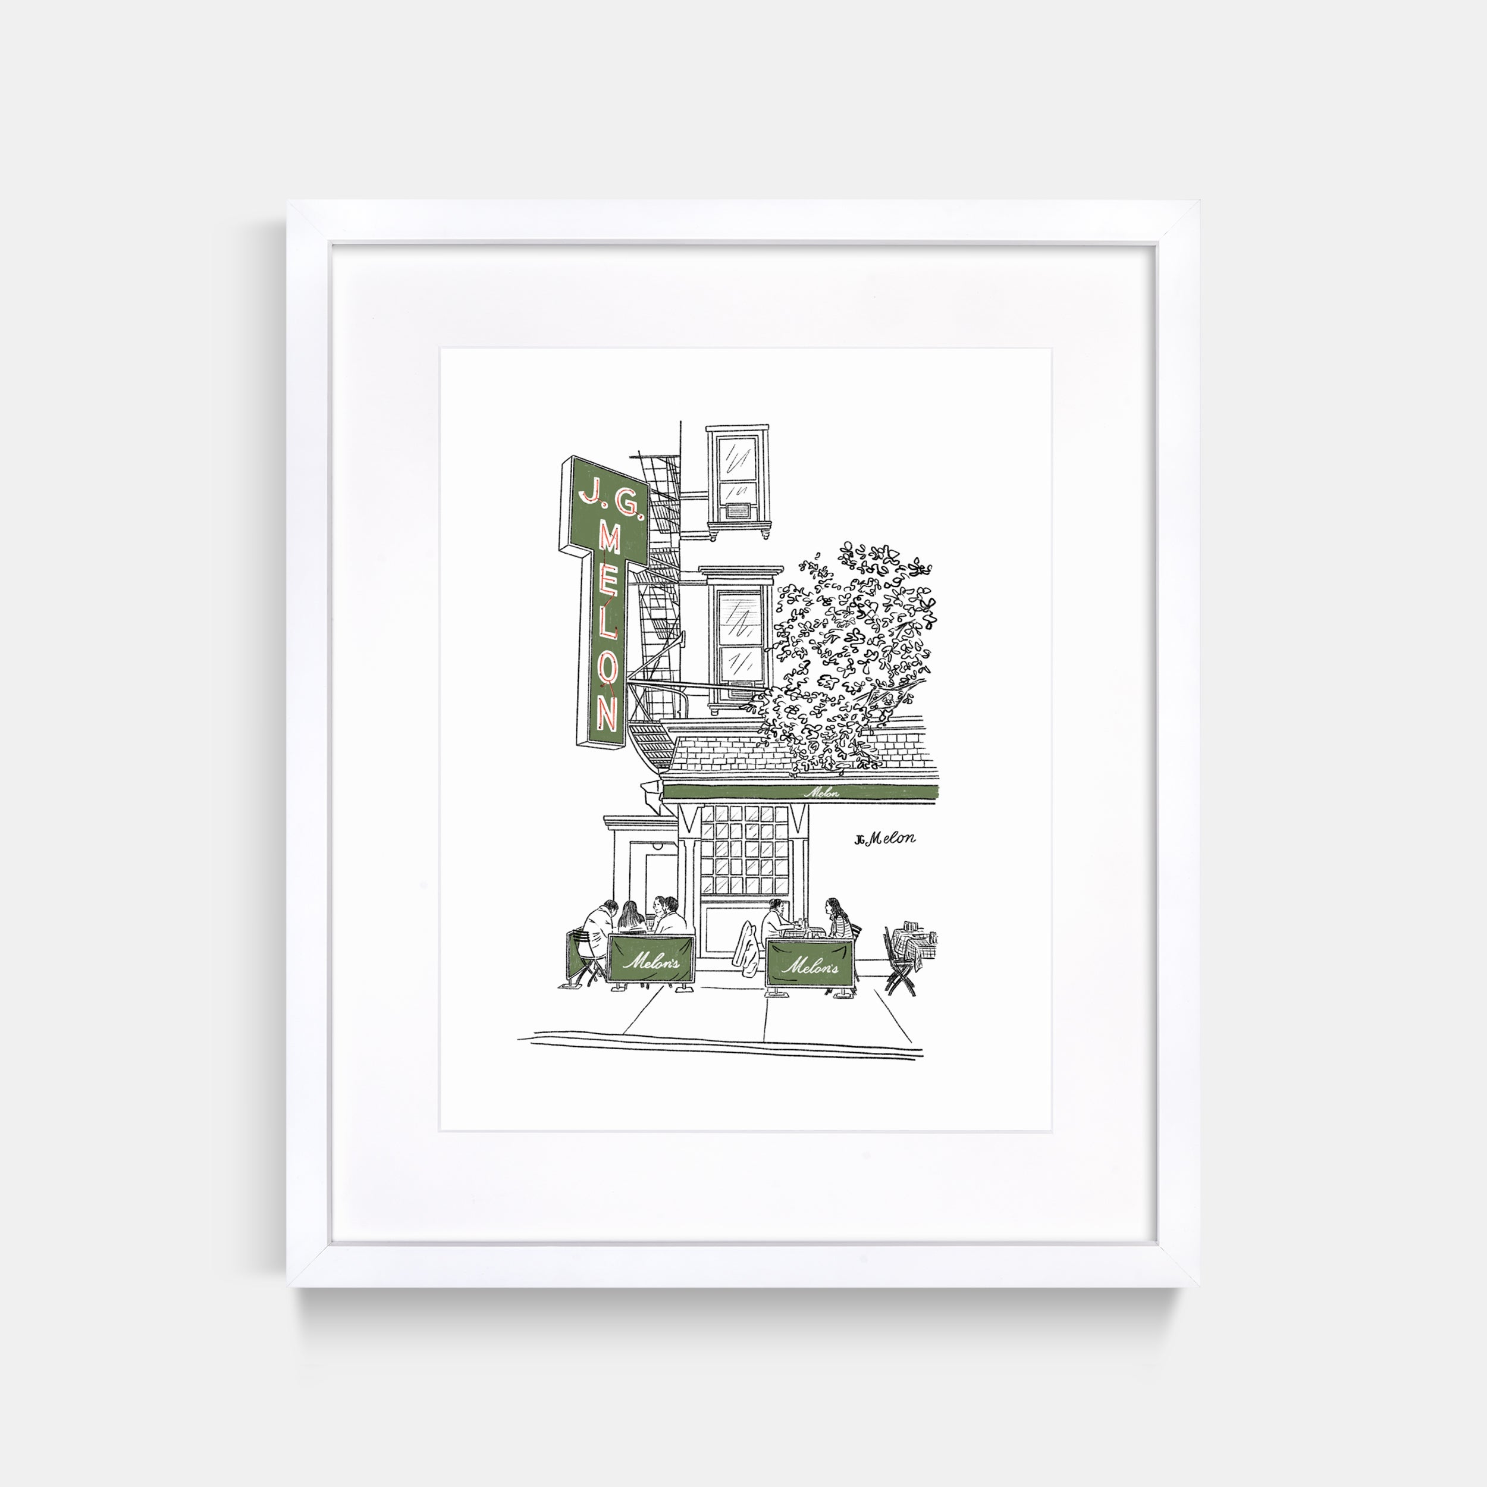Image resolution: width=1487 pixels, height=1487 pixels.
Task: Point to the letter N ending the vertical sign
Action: (607, 720)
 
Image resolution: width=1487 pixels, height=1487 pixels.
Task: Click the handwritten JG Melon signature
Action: (884, 838)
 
